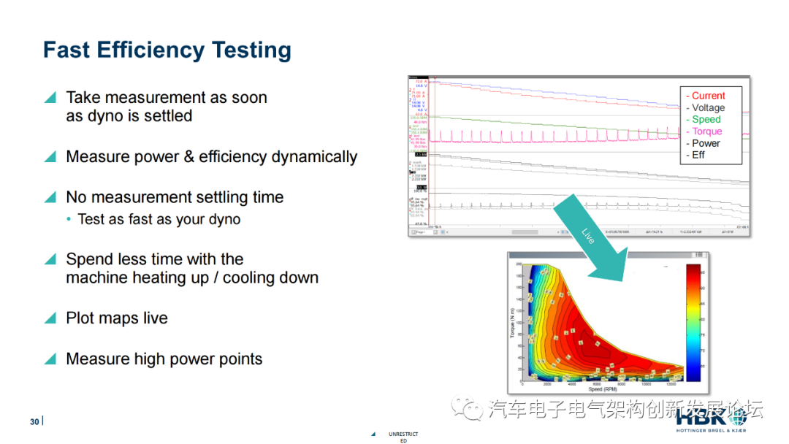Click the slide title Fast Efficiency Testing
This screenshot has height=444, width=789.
167,50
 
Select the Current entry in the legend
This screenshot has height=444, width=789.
707,96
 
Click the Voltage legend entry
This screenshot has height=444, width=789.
707,107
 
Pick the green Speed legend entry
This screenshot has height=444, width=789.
705,119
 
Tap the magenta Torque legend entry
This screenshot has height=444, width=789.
706,131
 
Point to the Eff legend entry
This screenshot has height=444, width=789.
698,155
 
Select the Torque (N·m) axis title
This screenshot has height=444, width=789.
513,322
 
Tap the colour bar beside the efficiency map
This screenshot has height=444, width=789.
693,322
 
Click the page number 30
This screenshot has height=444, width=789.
34,422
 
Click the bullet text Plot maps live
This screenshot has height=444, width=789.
116,318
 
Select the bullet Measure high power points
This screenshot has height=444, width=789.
164,359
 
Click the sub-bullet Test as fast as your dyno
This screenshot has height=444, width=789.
159,219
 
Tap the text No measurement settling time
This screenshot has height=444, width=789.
174,197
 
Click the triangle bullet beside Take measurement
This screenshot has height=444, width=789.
50,98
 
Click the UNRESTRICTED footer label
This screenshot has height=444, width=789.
403,437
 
